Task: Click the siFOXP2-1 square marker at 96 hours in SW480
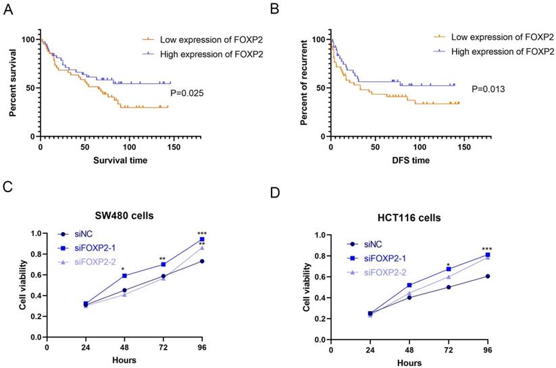click(x=202, y=239)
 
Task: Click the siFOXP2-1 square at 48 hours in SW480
click(x=124, y=276)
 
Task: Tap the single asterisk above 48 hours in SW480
click(x=124, y=269)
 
